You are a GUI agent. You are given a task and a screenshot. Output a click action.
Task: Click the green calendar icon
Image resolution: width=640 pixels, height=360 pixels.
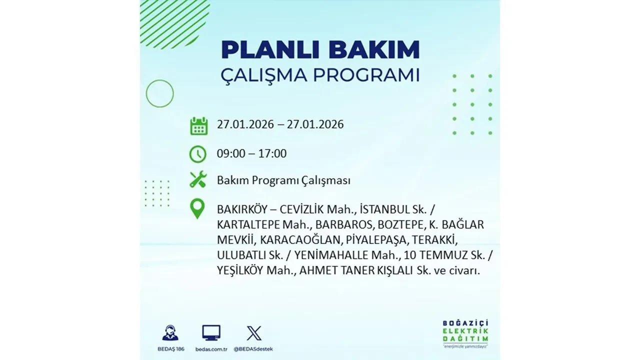click(x=198, y=125)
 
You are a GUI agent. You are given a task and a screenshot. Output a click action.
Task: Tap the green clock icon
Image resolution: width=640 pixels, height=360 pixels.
click(x=198, y=154)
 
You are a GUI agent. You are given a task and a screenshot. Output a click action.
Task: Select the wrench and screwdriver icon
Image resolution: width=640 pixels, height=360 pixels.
click(x=198, y=179)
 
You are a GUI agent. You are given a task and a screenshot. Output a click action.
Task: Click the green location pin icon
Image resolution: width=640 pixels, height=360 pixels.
click(x=198, y=208)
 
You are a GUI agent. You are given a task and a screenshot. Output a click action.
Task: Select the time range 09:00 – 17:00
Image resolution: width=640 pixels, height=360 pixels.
click(x=251, y=153)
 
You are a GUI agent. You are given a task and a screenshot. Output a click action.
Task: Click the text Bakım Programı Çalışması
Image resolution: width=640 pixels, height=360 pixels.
click(x=283, y=180)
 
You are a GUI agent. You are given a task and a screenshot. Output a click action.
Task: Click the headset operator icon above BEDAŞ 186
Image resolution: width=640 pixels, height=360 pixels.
click(x=170, y=333)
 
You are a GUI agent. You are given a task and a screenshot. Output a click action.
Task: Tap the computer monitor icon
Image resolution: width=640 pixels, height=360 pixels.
click(x=211, y=333)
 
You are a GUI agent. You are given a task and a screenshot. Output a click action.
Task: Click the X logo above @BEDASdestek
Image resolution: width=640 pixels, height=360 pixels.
click(x=253, y=333)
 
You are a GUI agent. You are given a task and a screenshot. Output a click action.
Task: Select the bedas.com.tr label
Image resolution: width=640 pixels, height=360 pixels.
click(x=211, y=348)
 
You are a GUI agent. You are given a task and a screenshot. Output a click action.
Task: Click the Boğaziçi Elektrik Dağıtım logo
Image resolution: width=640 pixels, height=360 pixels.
click(x=465, y=332)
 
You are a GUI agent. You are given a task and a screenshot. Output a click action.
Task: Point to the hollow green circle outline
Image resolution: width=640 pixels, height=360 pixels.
click(x=159, y=93)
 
